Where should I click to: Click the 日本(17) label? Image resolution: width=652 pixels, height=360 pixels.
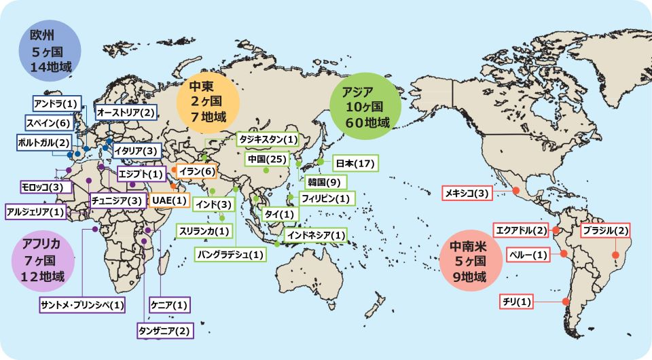point(355,163)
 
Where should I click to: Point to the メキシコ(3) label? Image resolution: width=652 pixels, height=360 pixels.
point(466,194)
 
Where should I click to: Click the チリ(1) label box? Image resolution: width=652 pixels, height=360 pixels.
point(518,301)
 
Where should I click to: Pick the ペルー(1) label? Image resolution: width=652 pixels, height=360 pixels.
point(527,255)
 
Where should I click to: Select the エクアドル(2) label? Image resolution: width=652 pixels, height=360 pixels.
point(520,230)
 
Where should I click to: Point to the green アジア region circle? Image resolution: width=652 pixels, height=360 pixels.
point(363,107)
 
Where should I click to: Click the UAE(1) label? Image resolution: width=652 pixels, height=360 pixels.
point(168,200)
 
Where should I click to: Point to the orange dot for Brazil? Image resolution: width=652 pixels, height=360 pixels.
point(616,256)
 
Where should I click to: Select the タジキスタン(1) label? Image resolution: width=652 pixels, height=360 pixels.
point(267,139)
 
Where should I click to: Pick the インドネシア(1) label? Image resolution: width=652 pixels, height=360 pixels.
point(315,236)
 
